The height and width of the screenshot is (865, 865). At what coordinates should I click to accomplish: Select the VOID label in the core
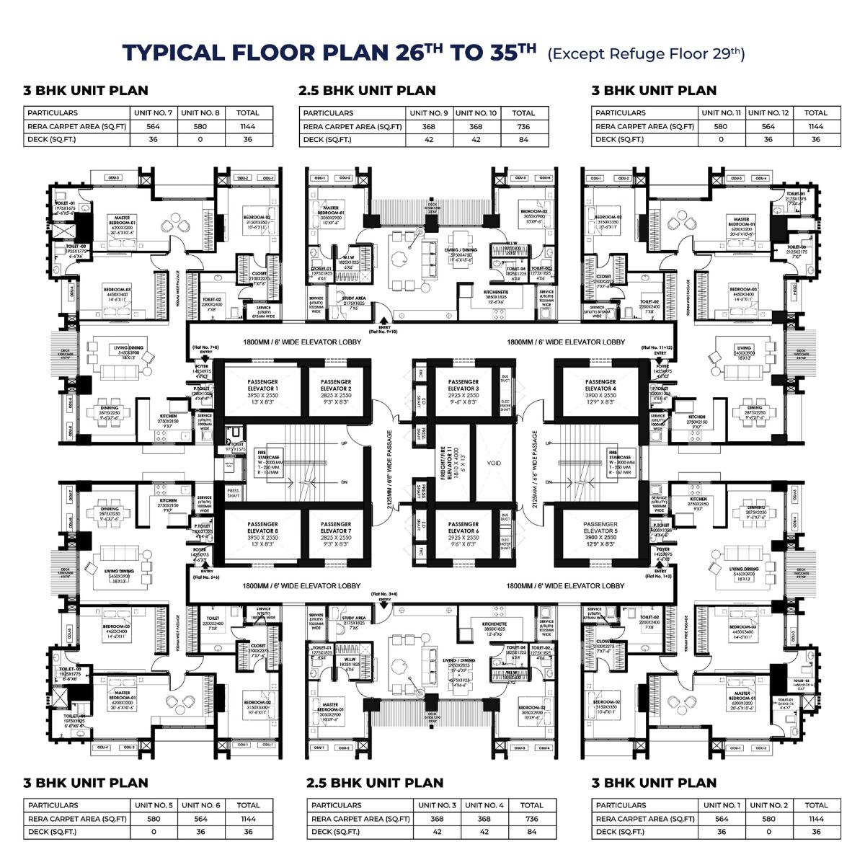point(494,463)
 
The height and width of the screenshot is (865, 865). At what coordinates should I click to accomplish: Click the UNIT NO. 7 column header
point(153,113)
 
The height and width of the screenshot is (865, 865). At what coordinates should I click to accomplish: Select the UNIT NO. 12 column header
point(768,113)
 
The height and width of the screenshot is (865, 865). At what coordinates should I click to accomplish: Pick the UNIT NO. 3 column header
point(437,805)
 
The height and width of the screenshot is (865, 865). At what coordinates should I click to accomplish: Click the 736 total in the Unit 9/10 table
point(523,126)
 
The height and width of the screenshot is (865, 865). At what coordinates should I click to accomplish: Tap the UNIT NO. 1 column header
point(722,805)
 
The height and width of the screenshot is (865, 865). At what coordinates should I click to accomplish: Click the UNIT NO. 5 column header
point(154,805)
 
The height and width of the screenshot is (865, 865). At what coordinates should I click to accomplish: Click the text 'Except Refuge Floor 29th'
point(646,54)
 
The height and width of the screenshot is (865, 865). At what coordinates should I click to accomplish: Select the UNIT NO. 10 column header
point(476,113)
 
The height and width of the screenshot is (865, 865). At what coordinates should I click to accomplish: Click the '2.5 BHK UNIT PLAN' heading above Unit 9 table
point(367,91)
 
